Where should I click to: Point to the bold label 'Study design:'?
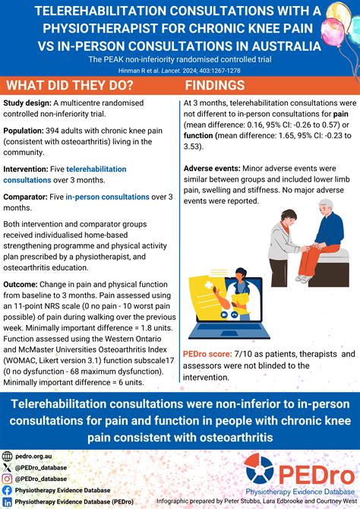pos(27,103)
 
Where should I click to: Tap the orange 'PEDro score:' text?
pos(208,353)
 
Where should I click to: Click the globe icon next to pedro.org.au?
pos(8,456)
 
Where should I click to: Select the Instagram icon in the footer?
pos(8,479)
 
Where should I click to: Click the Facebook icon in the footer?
pos(8,491)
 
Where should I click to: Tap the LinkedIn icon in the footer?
pos(8,502)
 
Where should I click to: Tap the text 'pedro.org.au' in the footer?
pos(33,456)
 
